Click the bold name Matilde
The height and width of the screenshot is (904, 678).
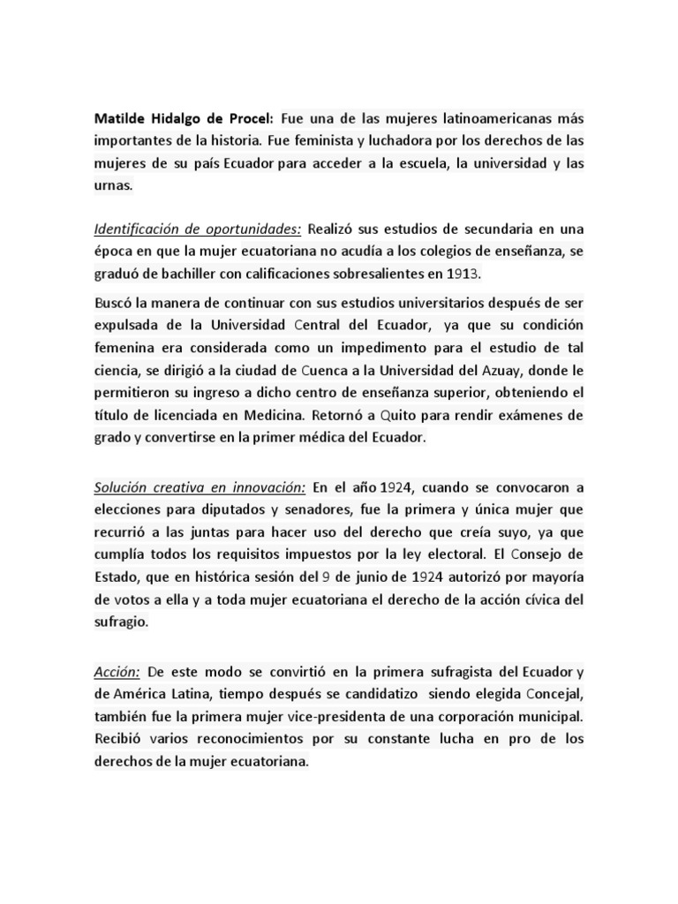click(x=120, y=118)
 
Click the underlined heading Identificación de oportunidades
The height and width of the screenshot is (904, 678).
click(x=197, y=230)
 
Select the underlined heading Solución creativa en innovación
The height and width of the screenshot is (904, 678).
click(x=200, y=487)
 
